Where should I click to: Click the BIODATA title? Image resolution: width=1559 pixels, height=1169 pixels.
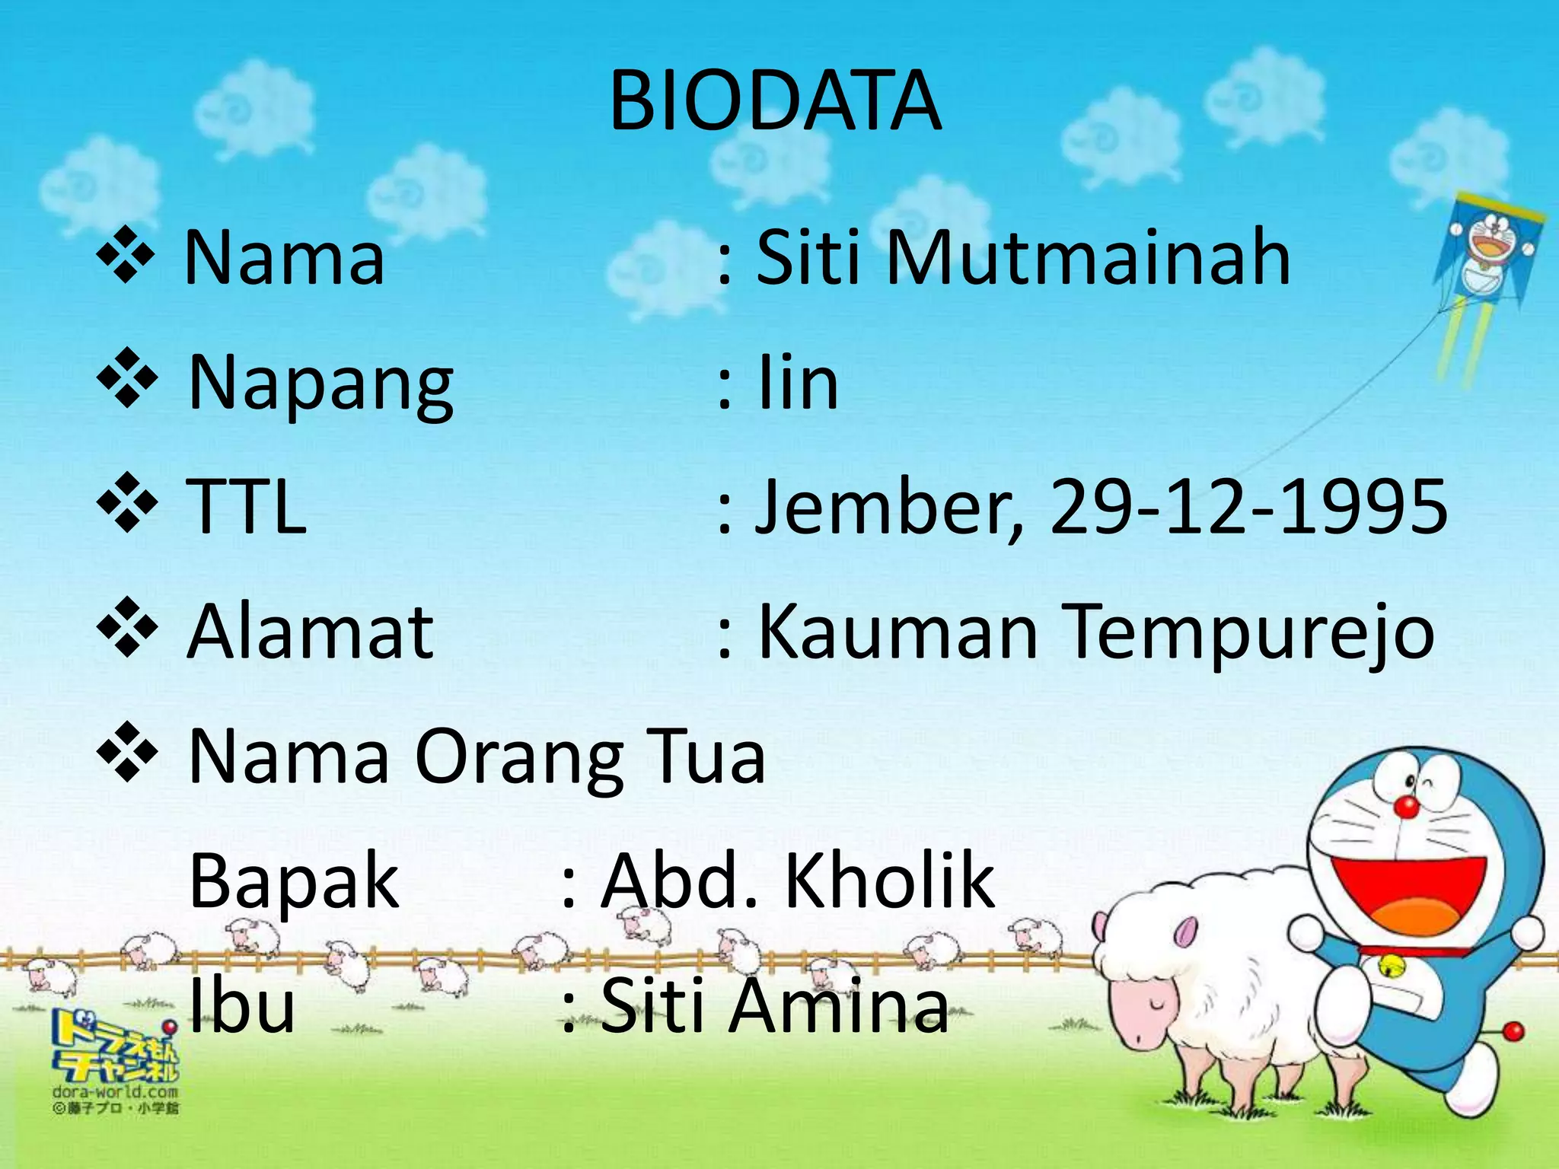775,101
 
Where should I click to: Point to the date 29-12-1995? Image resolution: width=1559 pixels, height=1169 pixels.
1248,507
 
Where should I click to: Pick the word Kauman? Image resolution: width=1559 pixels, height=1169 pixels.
898,632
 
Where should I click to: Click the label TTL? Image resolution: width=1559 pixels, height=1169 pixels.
247,507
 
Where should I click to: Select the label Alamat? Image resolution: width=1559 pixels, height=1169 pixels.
311,632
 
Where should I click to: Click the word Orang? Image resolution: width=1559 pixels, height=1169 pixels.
518,758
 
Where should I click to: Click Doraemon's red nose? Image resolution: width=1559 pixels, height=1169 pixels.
1407,807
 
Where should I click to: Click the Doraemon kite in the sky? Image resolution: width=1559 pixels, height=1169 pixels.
1488,251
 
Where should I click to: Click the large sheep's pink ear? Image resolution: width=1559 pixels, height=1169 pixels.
1185,932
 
